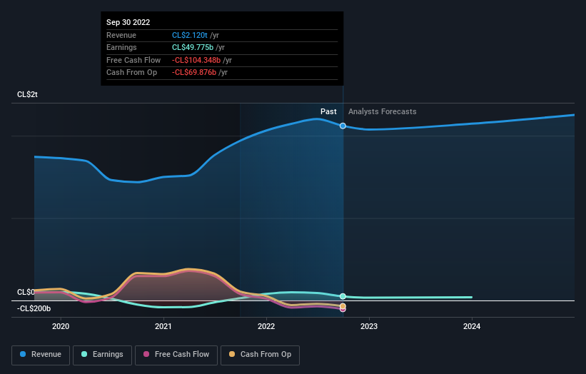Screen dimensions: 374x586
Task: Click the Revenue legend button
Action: point(41,354)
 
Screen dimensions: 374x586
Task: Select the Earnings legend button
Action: point(102,354)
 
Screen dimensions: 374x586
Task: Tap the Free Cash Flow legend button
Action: point(176,354)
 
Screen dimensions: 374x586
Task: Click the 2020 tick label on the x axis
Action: point(61,327)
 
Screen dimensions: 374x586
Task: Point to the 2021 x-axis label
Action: point(163,327)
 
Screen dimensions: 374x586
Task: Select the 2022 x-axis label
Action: point(266,327)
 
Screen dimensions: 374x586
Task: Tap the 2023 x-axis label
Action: point(369,327)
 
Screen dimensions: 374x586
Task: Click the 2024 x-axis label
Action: point(472,327)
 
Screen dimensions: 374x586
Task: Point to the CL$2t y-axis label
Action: point(28,95)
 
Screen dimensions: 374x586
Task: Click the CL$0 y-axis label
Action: point(26,292)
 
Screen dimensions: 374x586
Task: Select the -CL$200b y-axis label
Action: point(34,308)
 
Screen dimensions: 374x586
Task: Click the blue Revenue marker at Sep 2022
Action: point(343,126)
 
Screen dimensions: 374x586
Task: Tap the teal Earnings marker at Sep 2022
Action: point(343,296)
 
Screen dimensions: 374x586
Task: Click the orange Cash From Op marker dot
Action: point(343,306)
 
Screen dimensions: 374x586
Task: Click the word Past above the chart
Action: point(328,111)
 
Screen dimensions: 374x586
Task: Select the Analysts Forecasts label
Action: point(382,111)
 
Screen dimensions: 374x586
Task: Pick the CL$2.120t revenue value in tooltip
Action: point(189,35)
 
